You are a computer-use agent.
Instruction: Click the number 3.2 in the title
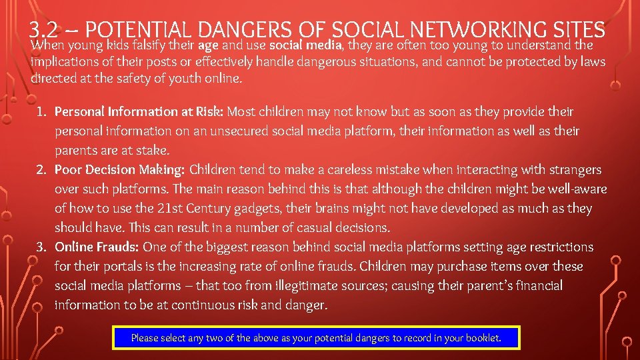[x=48, y=29]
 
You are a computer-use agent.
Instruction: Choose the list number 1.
[x=42, y=111]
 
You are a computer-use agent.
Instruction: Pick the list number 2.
[x=42, y=170]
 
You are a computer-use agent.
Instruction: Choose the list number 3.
[x=42, y=247]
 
